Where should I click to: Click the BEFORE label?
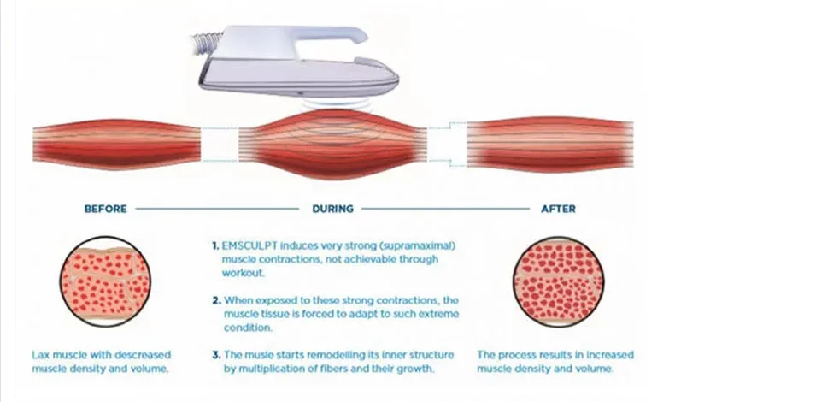[105, 208]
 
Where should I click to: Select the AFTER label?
[559, 208]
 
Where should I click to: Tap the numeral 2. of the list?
[215, 300]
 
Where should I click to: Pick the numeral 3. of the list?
[215, 354]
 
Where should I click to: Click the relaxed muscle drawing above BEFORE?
[115, 145]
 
